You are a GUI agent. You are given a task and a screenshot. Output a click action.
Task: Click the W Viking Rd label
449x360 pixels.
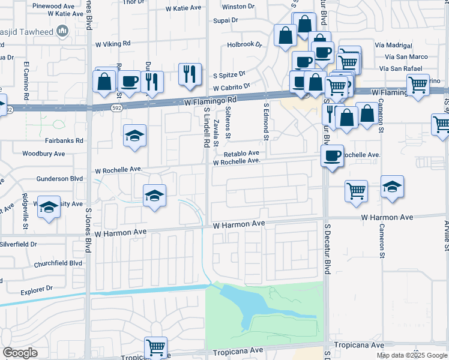[x=112, y=44]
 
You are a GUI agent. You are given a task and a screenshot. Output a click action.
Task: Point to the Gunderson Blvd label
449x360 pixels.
[x=59, y=179]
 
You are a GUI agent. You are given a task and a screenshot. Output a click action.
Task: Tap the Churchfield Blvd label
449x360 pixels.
[x=59, y=263]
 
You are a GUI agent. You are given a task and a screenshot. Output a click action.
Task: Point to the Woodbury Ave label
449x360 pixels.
[x=43, y=154]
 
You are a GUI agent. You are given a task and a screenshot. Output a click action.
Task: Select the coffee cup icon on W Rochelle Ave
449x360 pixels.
[x=331, y=156]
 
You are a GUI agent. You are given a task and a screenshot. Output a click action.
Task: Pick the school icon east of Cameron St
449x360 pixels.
[x=392, y=187]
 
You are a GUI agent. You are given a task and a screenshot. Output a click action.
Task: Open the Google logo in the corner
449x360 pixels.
[x=20, y=353]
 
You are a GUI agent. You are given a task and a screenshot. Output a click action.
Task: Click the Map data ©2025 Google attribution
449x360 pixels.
[x=411, y=355]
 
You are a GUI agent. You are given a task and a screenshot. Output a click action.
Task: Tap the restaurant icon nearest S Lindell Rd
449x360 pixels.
[x=190, y=74]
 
